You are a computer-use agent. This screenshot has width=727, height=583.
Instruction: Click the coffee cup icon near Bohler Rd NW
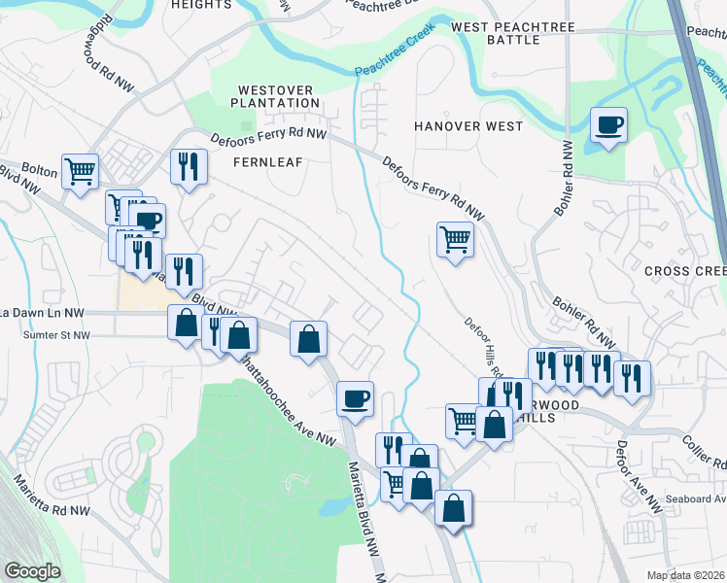(608, 125)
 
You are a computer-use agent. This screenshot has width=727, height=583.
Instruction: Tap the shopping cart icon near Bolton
(81, 171)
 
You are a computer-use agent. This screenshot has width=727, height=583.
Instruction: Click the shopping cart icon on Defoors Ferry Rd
(455, 238)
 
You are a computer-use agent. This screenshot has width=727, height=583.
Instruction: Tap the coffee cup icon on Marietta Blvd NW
(355, 397)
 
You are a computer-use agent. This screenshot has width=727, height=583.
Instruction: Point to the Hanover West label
(468, 126)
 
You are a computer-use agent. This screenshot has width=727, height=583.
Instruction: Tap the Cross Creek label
(684, 271)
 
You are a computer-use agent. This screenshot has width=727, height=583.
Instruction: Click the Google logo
(31, 570)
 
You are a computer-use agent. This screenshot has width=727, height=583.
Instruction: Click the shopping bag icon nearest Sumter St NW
(186, 322)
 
